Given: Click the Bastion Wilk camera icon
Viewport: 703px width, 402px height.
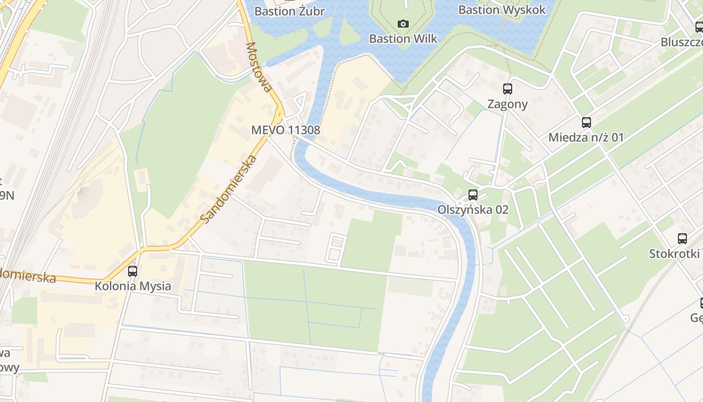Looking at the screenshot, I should pyautogui.click(x=403, y=24).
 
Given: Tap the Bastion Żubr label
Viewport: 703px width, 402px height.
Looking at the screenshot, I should pyautogui.click(x=289, y=11).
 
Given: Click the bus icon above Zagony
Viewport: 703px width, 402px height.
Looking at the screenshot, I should pyautogui.click(x=508, y=89).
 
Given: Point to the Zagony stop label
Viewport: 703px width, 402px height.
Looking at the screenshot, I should pyautogui.click(x=508, y=104).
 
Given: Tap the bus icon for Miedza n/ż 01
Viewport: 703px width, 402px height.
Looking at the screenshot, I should pyautogui.click(x=586, y=122).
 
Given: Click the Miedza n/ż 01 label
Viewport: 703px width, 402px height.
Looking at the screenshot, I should pyautogui.click(x=586, y=137).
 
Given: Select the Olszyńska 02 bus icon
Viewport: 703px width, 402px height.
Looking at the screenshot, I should pyautogui.click(x=473, y=194).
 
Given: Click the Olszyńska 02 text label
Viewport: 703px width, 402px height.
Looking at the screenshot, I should pyautogui.click(x=473, y=210).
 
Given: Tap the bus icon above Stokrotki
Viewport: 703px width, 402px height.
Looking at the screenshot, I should pyautogui.click(x=682, y=239).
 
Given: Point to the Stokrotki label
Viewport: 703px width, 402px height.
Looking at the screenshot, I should pyautogui.click(x=674, y=253).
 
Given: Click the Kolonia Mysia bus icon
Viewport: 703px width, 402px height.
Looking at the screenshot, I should pyautogui.click(x=133, y=271).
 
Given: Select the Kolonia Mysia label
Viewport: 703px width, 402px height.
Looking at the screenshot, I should pyautogui.click(x=133, y=286).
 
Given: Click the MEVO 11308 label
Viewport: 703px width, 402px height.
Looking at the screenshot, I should pyautogui.click(x=285, y=130).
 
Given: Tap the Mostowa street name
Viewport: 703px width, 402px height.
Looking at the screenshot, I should pyautogui.click(x=259, y=67).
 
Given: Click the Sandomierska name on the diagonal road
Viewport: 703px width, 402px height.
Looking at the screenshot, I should pyautogui.click(x=228, y=190).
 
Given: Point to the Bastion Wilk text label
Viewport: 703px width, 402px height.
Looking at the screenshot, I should pyautogui.click(x=403, y=39).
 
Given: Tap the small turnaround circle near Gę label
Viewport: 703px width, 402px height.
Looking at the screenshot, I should pyautogui.click(x=625, y=319).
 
